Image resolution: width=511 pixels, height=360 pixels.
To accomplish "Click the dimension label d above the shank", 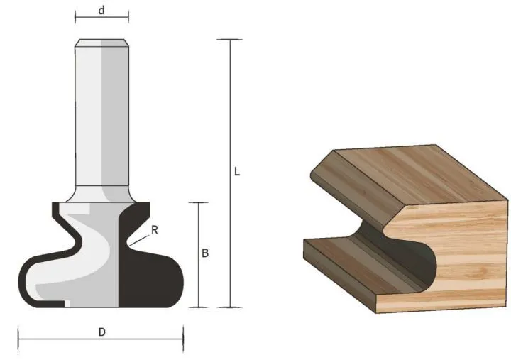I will tap(101, 11).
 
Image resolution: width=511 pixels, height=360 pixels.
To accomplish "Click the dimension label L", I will tap(237, 172).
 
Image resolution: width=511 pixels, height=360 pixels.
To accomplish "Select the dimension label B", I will tap(205, 253).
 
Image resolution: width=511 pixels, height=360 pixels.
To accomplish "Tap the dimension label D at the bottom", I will tap(101, 332).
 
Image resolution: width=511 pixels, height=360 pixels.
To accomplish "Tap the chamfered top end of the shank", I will tap(101, 42).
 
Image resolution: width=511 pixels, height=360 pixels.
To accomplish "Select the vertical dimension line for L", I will tap(229, 107).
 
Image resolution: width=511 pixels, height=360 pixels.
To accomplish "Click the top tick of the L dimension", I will tap(229, 40).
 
